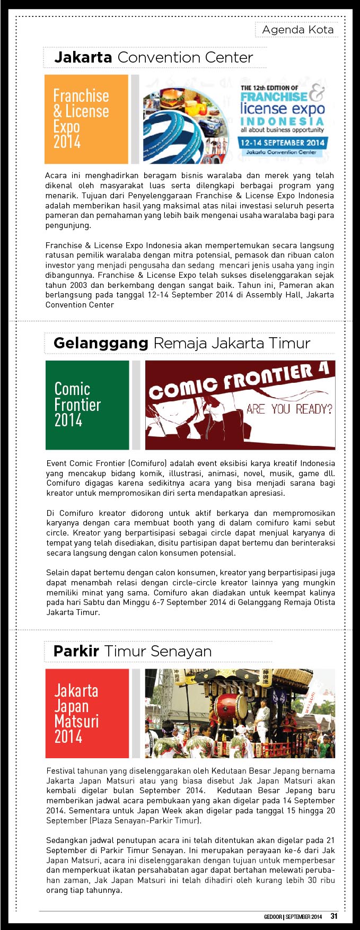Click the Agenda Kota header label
point(297,30)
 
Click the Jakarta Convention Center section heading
point(153,57)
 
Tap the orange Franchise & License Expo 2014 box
point(86,119)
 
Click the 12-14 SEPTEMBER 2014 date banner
point(282,143)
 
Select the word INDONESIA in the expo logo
point(282,121)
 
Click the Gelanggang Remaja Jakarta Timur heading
point(181,343)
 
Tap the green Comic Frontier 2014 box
point(87,405)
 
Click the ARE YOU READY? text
point(289,409)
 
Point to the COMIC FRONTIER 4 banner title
point(239,380)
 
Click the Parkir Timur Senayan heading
point(132,651)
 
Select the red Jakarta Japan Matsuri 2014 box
point(87,713)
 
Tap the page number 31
point(334,916)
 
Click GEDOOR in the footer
point(273,917)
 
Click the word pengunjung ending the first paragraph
point(68,225)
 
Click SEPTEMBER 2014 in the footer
point(304,917)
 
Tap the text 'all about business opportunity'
point(282,130)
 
